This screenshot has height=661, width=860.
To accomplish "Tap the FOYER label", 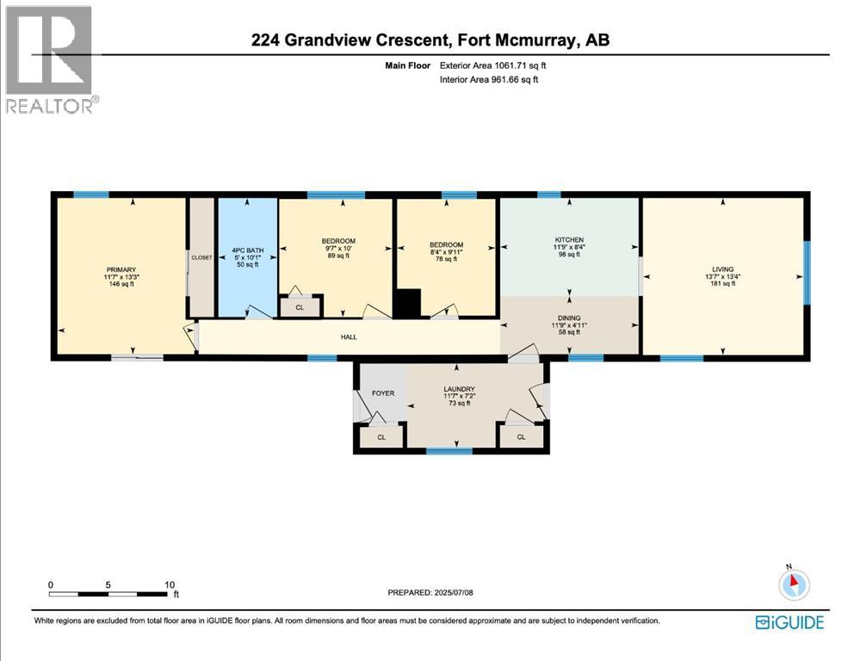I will (382, 393).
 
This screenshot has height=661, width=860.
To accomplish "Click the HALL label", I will (347, 337).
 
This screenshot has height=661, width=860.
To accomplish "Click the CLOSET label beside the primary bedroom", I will (201, 257).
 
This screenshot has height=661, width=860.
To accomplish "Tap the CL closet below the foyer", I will (381, 437).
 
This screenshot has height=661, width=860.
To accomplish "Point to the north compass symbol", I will (793, 584).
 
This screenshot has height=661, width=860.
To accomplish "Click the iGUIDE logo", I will (789, 622).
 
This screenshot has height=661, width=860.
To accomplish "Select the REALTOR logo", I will (50, 59).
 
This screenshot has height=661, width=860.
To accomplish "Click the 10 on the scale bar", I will (170, 584).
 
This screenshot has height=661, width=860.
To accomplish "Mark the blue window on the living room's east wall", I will (807, 273).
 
